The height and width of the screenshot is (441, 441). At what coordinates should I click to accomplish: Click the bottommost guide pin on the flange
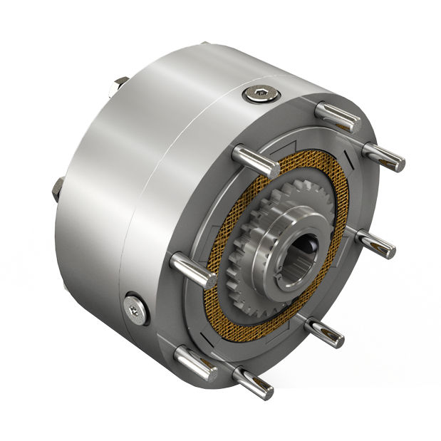click(254, 381)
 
